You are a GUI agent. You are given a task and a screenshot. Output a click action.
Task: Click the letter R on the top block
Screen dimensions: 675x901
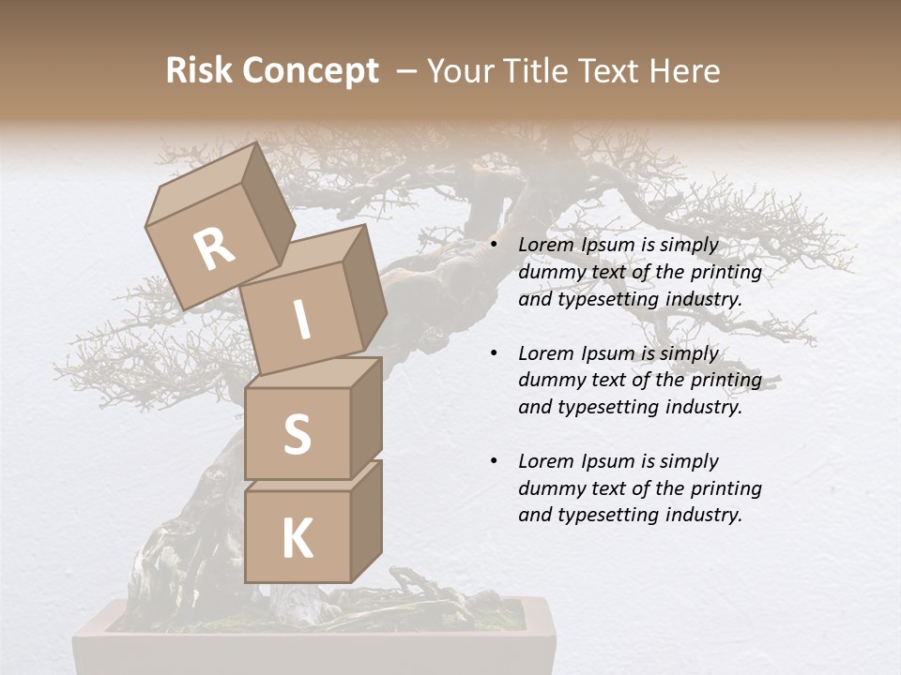click(215, 248)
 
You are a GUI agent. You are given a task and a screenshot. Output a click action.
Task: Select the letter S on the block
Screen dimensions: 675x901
click(297, 434)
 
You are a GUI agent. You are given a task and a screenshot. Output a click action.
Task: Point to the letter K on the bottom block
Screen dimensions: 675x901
click(297, 538)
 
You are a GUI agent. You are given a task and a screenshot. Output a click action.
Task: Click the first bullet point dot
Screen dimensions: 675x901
click(494, 246)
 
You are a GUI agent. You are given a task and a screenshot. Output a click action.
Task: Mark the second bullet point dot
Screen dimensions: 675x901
click(494, 353)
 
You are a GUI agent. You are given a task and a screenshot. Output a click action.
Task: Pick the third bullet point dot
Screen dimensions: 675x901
click(494, 461)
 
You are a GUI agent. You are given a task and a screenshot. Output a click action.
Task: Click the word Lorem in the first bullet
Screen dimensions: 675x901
click(544, 246)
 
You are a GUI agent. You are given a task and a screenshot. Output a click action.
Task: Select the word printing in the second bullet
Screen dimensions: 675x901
click(727, 381)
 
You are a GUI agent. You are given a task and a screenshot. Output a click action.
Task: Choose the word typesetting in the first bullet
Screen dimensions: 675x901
click(606, 300)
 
